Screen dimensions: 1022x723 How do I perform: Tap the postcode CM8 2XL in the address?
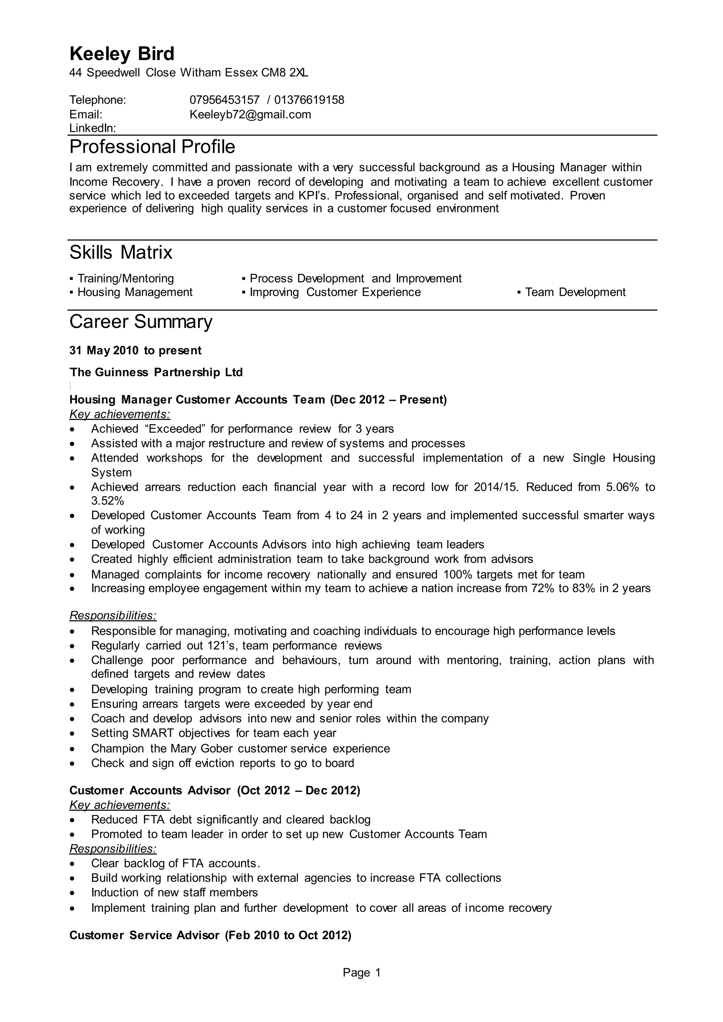pos(285,73)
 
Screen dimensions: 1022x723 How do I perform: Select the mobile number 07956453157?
pos(225,100)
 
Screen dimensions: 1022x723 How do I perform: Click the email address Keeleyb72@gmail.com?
pos(250,114)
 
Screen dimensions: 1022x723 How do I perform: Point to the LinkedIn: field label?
pos(92,129)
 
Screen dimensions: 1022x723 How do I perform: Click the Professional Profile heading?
pos(152,147)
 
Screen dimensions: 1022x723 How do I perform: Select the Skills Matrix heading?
pos(121,252)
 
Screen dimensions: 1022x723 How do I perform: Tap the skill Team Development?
pos(575,293)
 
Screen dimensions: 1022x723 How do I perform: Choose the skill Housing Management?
pos(135,293)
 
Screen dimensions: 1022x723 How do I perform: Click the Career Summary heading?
pos(141,322)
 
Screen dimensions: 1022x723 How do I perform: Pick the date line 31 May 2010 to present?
pos(135,351)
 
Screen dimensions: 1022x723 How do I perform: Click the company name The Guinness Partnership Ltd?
pos(156,373)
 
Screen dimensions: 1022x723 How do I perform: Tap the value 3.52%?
pos(107,501)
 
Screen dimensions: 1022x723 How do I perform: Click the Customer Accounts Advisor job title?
pos(150,790)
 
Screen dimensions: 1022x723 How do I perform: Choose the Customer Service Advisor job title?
pos(144,935)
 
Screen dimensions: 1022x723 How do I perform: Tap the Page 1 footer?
pos(361,973)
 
